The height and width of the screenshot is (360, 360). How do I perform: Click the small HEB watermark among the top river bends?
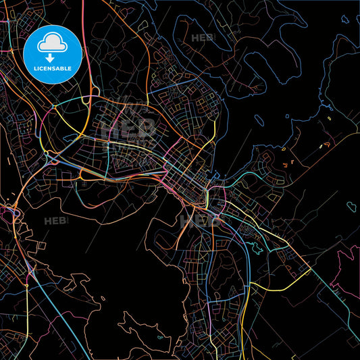202,38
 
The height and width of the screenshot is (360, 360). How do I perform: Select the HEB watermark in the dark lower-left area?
55,221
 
